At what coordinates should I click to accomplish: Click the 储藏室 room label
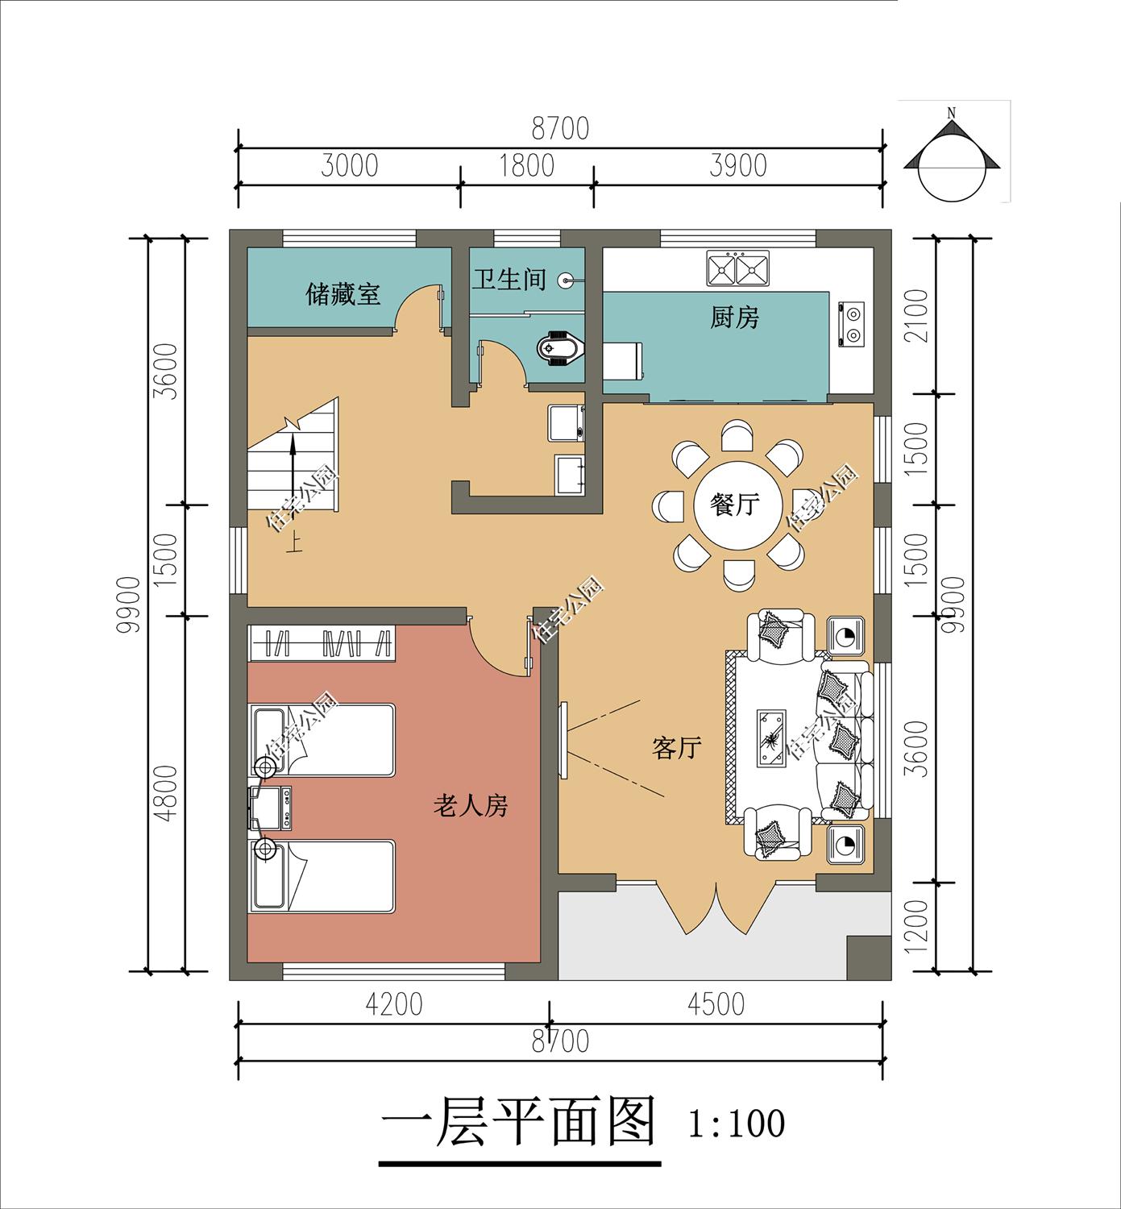point(343,294)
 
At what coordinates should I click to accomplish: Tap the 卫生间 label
point(509,280)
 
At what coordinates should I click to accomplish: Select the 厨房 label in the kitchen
point(734,318)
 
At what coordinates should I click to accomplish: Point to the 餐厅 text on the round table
point(734,505)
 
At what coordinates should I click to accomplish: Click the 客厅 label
point(676,748)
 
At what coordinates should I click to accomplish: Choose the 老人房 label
point(471,804)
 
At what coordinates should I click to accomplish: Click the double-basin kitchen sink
point(737,268)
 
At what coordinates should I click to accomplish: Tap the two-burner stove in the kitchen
point(851,325)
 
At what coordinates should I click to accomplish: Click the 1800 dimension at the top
point(526,165)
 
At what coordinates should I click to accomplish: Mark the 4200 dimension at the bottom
point(393,1004)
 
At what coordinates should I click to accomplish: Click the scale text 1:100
point(736,1124)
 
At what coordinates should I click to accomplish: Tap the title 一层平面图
point(517,1122)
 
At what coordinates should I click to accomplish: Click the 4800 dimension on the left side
point(165,792)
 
